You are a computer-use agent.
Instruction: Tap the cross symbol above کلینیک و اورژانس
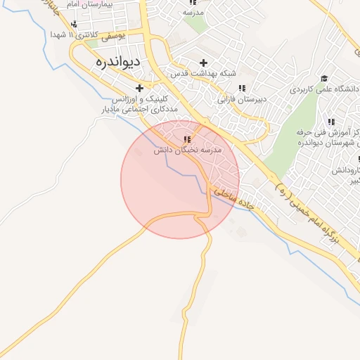pos(139,88)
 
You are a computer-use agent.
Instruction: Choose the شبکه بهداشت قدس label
pos(204,74)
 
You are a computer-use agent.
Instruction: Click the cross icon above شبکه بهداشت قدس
pos(204,62)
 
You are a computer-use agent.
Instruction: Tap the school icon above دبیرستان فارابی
pos(243,88)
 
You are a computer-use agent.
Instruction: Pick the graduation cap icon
pos(324,78)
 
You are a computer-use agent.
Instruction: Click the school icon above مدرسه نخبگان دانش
pos(187,139)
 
